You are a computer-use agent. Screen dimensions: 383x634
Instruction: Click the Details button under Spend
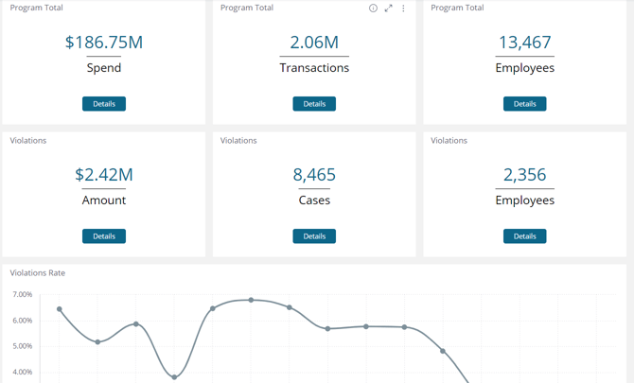coord(104,104)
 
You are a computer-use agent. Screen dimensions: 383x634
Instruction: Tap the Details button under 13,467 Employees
coord(524,104)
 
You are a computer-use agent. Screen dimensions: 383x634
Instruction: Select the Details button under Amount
coord(104,236)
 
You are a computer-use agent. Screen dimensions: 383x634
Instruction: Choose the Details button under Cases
coord(314,236)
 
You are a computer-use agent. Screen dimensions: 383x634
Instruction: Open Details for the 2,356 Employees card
coord(524,236)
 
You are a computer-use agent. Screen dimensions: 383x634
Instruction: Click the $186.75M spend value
coord(104,43)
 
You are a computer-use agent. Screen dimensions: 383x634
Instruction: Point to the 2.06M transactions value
coord(314,43)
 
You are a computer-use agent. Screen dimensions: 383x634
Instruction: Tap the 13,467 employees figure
coord(524,43)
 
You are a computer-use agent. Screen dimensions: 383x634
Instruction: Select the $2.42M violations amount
coord(104,175)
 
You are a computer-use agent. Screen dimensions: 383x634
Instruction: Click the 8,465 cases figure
coord(314,175)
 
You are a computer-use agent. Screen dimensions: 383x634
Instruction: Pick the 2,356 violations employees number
coord(524,175)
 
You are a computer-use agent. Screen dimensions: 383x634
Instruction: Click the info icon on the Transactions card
coord(373,9)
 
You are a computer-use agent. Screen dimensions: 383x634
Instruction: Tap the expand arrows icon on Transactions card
coord(388,9)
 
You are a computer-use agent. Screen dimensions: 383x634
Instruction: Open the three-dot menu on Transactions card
coord(403,9)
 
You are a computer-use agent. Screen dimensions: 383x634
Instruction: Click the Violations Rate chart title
coord(38,273)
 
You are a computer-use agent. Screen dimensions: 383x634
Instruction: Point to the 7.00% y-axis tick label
coord(23,295)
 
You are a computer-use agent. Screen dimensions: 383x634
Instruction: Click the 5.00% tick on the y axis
coord(23,346)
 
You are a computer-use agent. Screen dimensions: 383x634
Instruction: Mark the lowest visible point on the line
coord(174,377)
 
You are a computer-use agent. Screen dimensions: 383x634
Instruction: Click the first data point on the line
coord(60,309)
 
